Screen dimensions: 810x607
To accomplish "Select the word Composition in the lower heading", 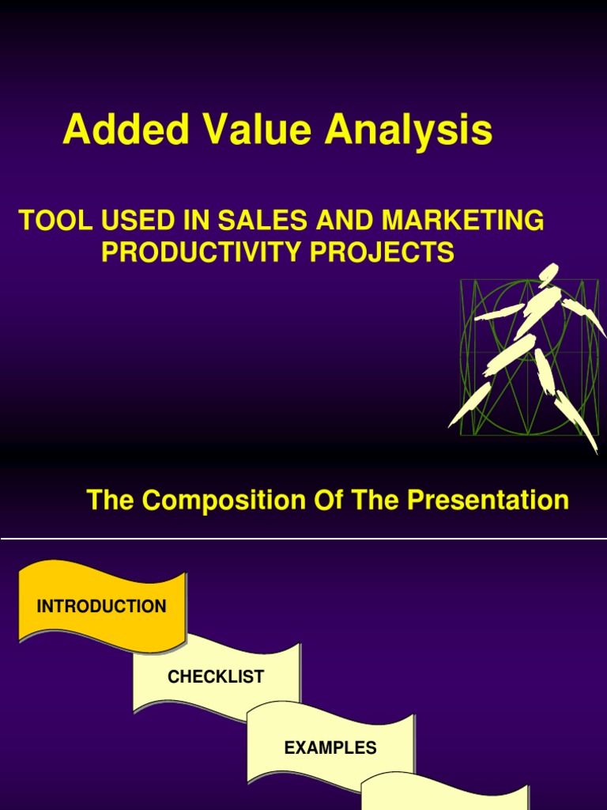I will point(224,500).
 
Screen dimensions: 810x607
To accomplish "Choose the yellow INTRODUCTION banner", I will point(101,607).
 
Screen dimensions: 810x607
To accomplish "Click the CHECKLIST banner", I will point(216,676).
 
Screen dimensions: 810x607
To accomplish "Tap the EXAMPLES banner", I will point(330,747).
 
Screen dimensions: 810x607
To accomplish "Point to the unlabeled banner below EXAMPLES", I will point(444,795).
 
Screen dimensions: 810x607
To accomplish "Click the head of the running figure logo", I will point(548,274).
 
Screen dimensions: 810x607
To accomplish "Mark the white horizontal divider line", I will point(303,540).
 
